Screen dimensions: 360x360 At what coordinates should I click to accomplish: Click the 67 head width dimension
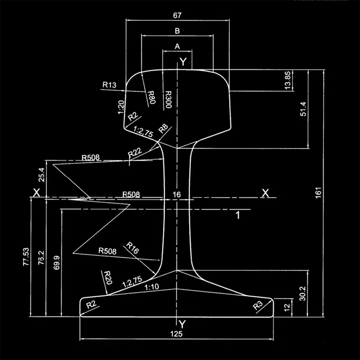(x=177, y=15)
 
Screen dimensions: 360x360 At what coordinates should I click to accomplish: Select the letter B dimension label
(x=177, y=31)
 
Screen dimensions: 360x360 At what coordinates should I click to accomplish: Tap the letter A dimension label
(x=177, y=46)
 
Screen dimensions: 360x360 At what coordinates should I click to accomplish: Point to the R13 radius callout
(x=109, y=84)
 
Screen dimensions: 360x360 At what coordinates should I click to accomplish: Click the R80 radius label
(x=151, y=97)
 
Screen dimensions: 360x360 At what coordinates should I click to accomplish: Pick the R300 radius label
(x=167, y=99)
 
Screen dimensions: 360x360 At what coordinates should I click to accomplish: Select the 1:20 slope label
(x=121, y=107)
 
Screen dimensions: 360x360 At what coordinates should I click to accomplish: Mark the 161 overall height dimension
(x=319, y=193)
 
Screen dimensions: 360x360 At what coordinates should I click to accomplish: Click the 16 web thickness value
(x=176, y=194)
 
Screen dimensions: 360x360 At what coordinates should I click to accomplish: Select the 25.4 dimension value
(x=42, y=174)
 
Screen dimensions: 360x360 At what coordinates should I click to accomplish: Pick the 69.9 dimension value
(x=56, y=262)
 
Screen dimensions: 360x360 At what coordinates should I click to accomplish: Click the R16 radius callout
(x=133, y=247)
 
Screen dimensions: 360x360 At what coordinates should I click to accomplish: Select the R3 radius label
(x=258, y=306)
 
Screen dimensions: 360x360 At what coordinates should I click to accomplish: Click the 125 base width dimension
(x=177, y=333)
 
